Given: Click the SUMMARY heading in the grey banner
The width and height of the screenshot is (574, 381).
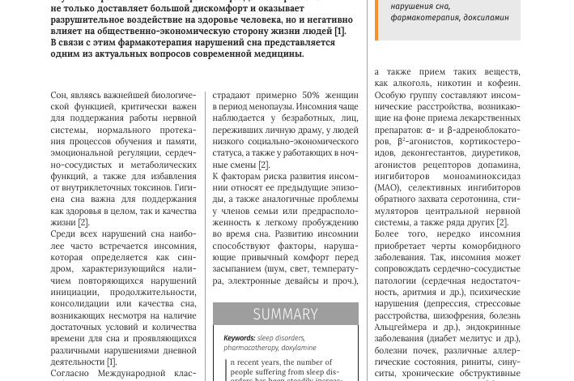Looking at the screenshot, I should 285,314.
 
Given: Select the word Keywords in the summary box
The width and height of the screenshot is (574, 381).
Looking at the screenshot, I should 239,337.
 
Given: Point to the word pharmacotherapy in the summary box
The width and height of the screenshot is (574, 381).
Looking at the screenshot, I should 251,347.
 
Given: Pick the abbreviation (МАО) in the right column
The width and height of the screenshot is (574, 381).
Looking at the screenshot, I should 387,188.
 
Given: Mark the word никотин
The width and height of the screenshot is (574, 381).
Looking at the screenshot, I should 458,83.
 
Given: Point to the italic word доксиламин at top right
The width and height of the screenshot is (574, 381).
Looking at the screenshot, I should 487,16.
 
